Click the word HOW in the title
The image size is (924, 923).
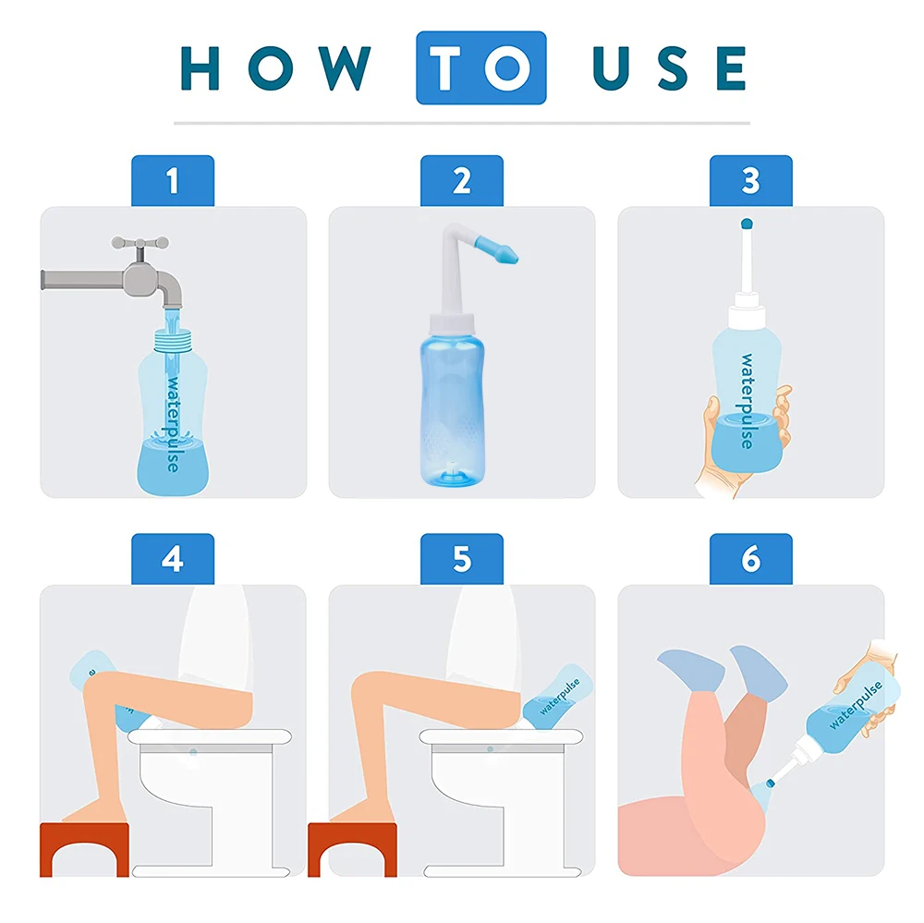pyautogui.click(x=275, y=67)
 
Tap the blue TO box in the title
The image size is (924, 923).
pyautogui.click(x=480, y=67)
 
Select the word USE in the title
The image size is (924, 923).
pyautogui.click(x=670, y=67)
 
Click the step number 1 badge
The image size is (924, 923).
pyautogui.click(x=173, y=181)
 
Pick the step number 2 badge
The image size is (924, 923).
pyautogui.click(x=462, y=181)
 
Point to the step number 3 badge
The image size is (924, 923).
pyautogui.click(x=750, y=181)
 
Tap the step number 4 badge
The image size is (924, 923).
pyautogui.click(x=173, y=559)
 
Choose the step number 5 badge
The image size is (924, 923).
pyautogui.click(x=462, y=559)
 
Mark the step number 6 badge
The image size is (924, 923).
pyautogui.click(x=750, y=559)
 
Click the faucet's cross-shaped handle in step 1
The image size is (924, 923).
pyautogui.click(x=140, y=244)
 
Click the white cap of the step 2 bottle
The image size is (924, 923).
pyautogui.click(x=452, y=323)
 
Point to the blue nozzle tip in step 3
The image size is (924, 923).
pyautogui.click(x=747, y=224)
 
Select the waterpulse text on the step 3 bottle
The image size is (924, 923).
pyautogui.click(x=747, y=401)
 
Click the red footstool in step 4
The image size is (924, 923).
pyautogui.click(x=84, y=849)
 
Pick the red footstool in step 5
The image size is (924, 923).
pyautogui.click(x=352, y=849)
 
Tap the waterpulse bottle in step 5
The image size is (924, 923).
pyautogui.click(x=557, y=697)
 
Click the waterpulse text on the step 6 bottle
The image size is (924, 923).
pyautogui.click(x=856, y=705)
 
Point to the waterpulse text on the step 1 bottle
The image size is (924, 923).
pyautogui.click(x=173, y=424)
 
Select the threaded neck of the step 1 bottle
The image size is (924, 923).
pyautogui.click(x=173, y=341)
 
